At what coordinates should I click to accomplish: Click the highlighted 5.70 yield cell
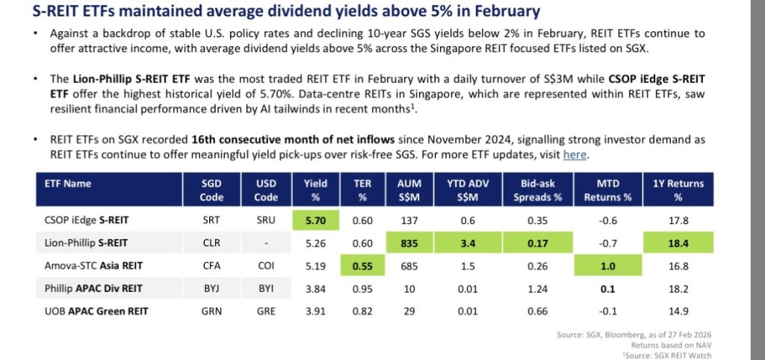(x=317, y=221)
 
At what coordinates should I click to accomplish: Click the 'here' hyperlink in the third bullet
(x=574, y=155)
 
